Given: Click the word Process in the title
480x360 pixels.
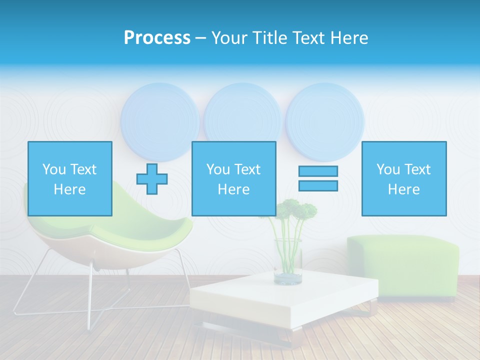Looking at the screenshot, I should (157, 38).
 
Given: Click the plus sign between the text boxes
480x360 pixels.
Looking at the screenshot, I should (152, 178).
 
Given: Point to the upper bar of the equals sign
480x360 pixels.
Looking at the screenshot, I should (318, 171).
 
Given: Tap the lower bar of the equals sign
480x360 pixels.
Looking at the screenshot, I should (318, 185).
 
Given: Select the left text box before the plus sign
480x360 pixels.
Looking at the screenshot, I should (70, 178).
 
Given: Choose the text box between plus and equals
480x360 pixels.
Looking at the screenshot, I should (234, 178).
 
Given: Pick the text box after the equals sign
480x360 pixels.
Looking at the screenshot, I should (404, 178).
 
